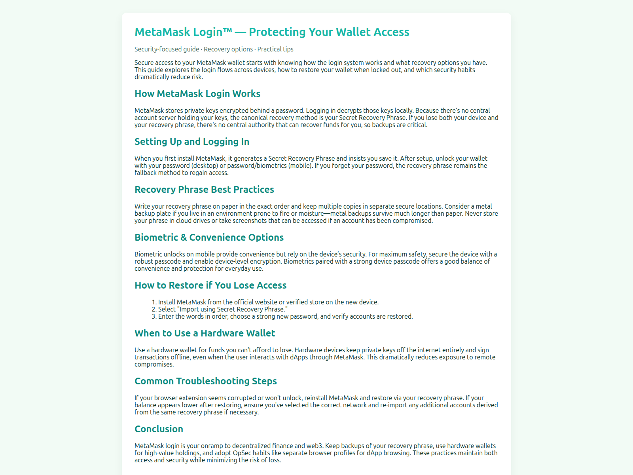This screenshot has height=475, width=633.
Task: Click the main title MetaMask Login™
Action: click(x=183, y=32)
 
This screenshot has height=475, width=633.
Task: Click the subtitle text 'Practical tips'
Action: click(x=275, y=49)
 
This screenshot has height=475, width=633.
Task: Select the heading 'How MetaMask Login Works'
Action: click(x=197, y=94)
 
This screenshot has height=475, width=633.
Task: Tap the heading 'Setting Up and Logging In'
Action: click(x=192, y=142)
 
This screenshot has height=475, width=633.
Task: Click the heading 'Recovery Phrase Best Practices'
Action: click(x=204, y=190)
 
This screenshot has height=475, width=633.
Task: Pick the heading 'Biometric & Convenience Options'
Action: click(x=209, y=237)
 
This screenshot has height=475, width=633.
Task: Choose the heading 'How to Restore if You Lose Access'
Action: click(x=210, y=285)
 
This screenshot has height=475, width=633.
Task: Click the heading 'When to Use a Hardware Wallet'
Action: click(x=205, y=333)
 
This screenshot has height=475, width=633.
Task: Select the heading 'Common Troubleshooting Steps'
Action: click(x=206, y=381)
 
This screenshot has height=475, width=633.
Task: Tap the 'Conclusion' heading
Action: click(x=159, y=429)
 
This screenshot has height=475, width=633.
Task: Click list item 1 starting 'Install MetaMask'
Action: click(x=268, y=302)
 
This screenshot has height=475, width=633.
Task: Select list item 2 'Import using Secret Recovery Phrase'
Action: click(x=223, y=309)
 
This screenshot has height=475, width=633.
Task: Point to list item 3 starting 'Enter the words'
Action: click(x=285, y=316)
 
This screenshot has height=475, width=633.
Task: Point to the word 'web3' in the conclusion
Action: click(x=315, y=446)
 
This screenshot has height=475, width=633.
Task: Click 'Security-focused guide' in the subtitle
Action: click(x=167, y=49)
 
